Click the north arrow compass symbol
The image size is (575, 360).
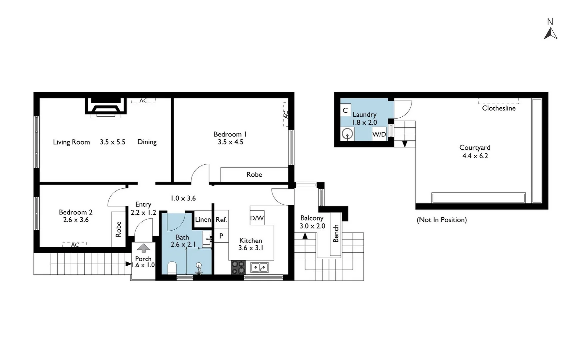[x=550, y=33]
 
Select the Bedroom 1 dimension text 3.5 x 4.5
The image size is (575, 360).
[x=231, y=142]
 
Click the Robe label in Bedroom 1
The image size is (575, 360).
[x=254, y=174]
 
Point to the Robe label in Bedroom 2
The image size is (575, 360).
[x=118, y=229]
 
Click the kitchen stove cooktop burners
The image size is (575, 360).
[x=238, y=267]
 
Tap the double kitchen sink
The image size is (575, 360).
[x=260, y=267]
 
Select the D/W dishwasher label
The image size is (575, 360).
[x=257, y=218]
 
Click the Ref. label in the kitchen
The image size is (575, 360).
[x=221, y=220]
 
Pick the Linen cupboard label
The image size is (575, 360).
[x=203, y=219]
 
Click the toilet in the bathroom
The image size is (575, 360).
[x=172, y=267]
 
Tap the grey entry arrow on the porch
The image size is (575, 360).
[x=144, y=248]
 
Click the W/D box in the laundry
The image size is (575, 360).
[x=379, y=134]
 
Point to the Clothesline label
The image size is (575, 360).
[x=499, y=108]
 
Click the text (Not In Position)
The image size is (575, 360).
[x=442, y=220]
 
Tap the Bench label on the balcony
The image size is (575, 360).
[x=336, y=233]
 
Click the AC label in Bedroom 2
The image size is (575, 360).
[x=75, y=245]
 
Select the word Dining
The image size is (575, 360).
[x=147, y=142]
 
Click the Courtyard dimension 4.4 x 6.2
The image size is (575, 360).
[x=475, y=156]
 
